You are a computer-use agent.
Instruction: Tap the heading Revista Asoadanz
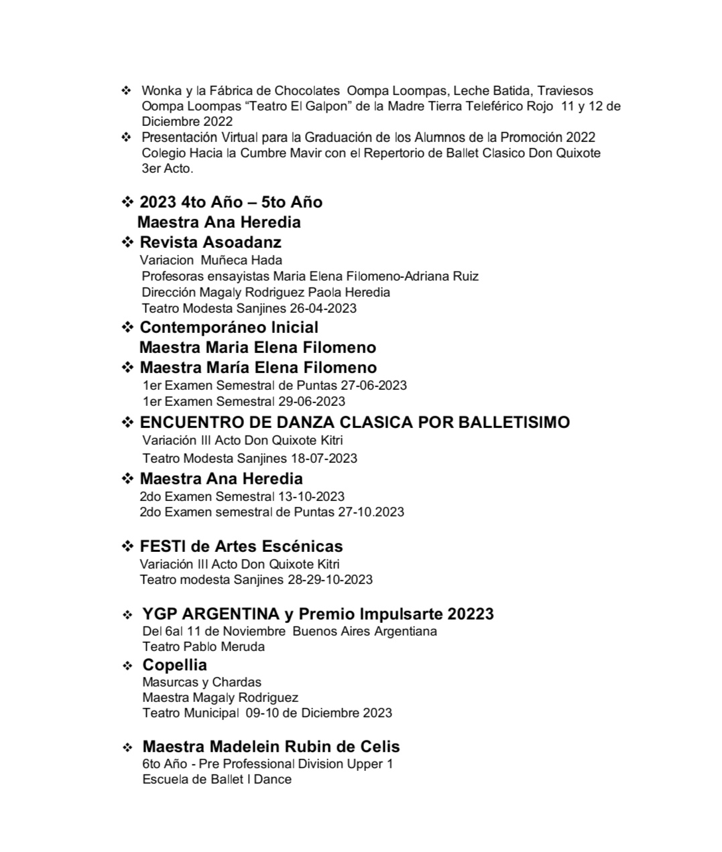(210, 242)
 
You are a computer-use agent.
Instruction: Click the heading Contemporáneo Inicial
(229, 327)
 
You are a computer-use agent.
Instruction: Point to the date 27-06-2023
(373, 385)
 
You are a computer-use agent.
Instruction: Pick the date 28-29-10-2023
(330, 579)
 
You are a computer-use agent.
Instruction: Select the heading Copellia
(174, 664)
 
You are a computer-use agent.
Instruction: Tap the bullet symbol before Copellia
(127, 666)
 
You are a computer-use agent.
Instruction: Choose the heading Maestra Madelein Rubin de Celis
(271, 746)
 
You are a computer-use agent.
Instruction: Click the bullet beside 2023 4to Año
(127, 202)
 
